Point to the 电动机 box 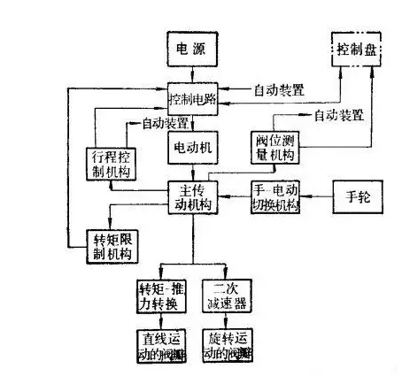(193, 143)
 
